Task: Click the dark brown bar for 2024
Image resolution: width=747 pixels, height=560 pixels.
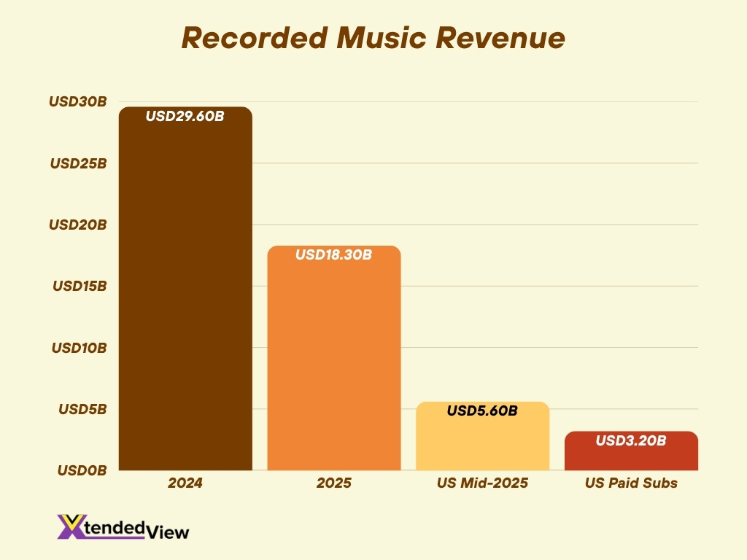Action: (185, 292)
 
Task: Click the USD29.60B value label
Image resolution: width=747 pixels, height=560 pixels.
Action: (185, 116)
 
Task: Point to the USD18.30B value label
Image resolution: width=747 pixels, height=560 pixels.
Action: (334, 255)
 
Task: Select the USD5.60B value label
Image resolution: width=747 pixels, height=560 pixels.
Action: (482, 411)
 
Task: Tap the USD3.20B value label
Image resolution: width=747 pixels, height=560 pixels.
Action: (631, 440)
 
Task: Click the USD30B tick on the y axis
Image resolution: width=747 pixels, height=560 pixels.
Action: (78, 102)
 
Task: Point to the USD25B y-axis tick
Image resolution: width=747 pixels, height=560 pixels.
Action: (79, 163)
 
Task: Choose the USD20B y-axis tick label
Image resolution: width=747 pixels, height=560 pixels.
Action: (78, 225)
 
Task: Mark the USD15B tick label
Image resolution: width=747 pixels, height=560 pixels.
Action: (80, 286)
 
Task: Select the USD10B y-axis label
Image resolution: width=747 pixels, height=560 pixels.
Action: (79, 348)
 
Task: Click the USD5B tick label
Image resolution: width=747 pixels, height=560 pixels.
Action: (82, 409)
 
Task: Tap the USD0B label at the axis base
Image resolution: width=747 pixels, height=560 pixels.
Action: (82, 471)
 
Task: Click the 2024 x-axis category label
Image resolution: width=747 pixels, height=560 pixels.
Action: (185, 483)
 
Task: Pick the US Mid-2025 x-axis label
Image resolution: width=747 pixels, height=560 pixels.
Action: (482, 483)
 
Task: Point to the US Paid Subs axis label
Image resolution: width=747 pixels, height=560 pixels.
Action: (631, 483)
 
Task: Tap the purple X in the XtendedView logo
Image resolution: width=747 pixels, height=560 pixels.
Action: (70, 526)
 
